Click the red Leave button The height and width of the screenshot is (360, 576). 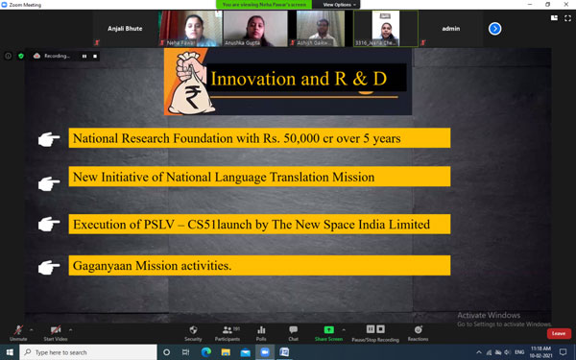point(559,333)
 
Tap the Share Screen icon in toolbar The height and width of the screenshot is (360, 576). point(328,330)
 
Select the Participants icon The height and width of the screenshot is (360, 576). point(228,330)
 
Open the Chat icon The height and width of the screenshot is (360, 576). point(293,330)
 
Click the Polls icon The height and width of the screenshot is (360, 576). point(261,330)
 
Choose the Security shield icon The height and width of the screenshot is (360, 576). point(193,330)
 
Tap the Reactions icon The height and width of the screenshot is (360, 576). point(418,330)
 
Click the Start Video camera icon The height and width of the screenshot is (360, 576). point(56,330)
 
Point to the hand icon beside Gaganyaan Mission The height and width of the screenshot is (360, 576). point(48,265)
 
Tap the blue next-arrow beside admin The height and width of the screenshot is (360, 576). point(495,29)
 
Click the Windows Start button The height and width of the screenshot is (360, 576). point(10,352)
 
